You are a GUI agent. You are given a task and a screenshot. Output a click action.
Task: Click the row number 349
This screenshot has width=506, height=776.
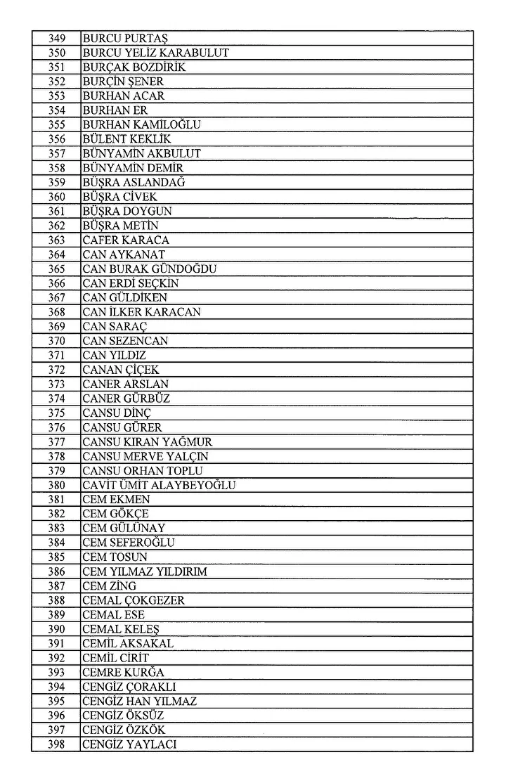click(x=57, y=38)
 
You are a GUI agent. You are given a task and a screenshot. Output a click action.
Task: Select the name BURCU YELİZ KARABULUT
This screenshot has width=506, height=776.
click(x=155, y=53)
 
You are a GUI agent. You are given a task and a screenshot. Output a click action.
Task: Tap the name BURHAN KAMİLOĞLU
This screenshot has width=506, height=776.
click(x=142, y=124)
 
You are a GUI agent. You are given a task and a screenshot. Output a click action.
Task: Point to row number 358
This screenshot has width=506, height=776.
click(x=57, y=168)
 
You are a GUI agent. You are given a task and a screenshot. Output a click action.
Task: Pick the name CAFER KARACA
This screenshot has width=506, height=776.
click(x=126, y=240)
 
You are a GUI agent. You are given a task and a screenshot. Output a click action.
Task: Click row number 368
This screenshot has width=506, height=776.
click(x=57, y=312)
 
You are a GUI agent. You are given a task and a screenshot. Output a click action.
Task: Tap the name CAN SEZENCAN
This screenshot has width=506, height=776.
click(x=125, y=341)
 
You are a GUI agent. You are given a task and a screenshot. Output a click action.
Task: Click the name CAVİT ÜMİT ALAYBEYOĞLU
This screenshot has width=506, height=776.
click(x=159, y=485)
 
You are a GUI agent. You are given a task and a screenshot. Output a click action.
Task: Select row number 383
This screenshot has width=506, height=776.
click(x=57, y=528)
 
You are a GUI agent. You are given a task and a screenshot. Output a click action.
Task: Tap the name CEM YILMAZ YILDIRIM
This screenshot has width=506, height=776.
click(x=145, y=571)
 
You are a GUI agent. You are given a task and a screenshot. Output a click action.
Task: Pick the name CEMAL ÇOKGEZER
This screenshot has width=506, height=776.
click(x=134, y=600)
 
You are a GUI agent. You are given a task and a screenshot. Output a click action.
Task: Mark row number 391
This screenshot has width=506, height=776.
click(x=57, y=643)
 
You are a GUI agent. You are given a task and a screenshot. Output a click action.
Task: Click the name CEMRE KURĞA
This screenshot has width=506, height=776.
click(x=124, y=672)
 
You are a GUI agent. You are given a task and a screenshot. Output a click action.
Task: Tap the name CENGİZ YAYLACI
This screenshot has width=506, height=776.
click(x=129, y=744)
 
